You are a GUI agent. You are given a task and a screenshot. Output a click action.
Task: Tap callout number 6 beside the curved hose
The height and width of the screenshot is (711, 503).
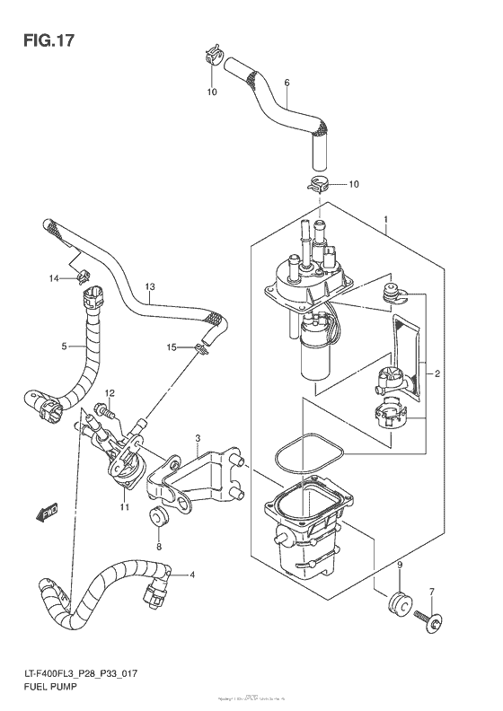click(x=287, y=84)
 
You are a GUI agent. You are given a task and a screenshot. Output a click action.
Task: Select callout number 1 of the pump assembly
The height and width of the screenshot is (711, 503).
click(x=384, y=220)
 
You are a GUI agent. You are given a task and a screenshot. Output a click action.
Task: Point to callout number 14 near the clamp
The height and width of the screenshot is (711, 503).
click(x=53, y=278)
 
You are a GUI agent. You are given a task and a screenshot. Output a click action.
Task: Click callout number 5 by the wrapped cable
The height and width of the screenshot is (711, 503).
click(x=65, y=346)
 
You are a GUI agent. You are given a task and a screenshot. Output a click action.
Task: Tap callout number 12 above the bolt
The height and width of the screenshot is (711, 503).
click(x=110, y=393)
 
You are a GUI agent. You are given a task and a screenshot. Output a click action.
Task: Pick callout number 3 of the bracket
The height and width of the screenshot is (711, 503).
click(x=195, y=438)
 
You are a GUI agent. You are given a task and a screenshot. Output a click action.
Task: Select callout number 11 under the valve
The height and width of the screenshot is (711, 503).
click(x=124, y=508)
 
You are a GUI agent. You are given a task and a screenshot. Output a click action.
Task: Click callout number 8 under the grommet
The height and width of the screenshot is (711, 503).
click(x=158, y=546)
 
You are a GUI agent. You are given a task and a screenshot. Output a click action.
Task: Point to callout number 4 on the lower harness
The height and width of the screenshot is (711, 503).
click(x=191, y=575)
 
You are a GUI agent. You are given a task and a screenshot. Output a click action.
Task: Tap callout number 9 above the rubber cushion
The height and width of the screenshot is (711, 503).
click(x=399, y=566)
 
